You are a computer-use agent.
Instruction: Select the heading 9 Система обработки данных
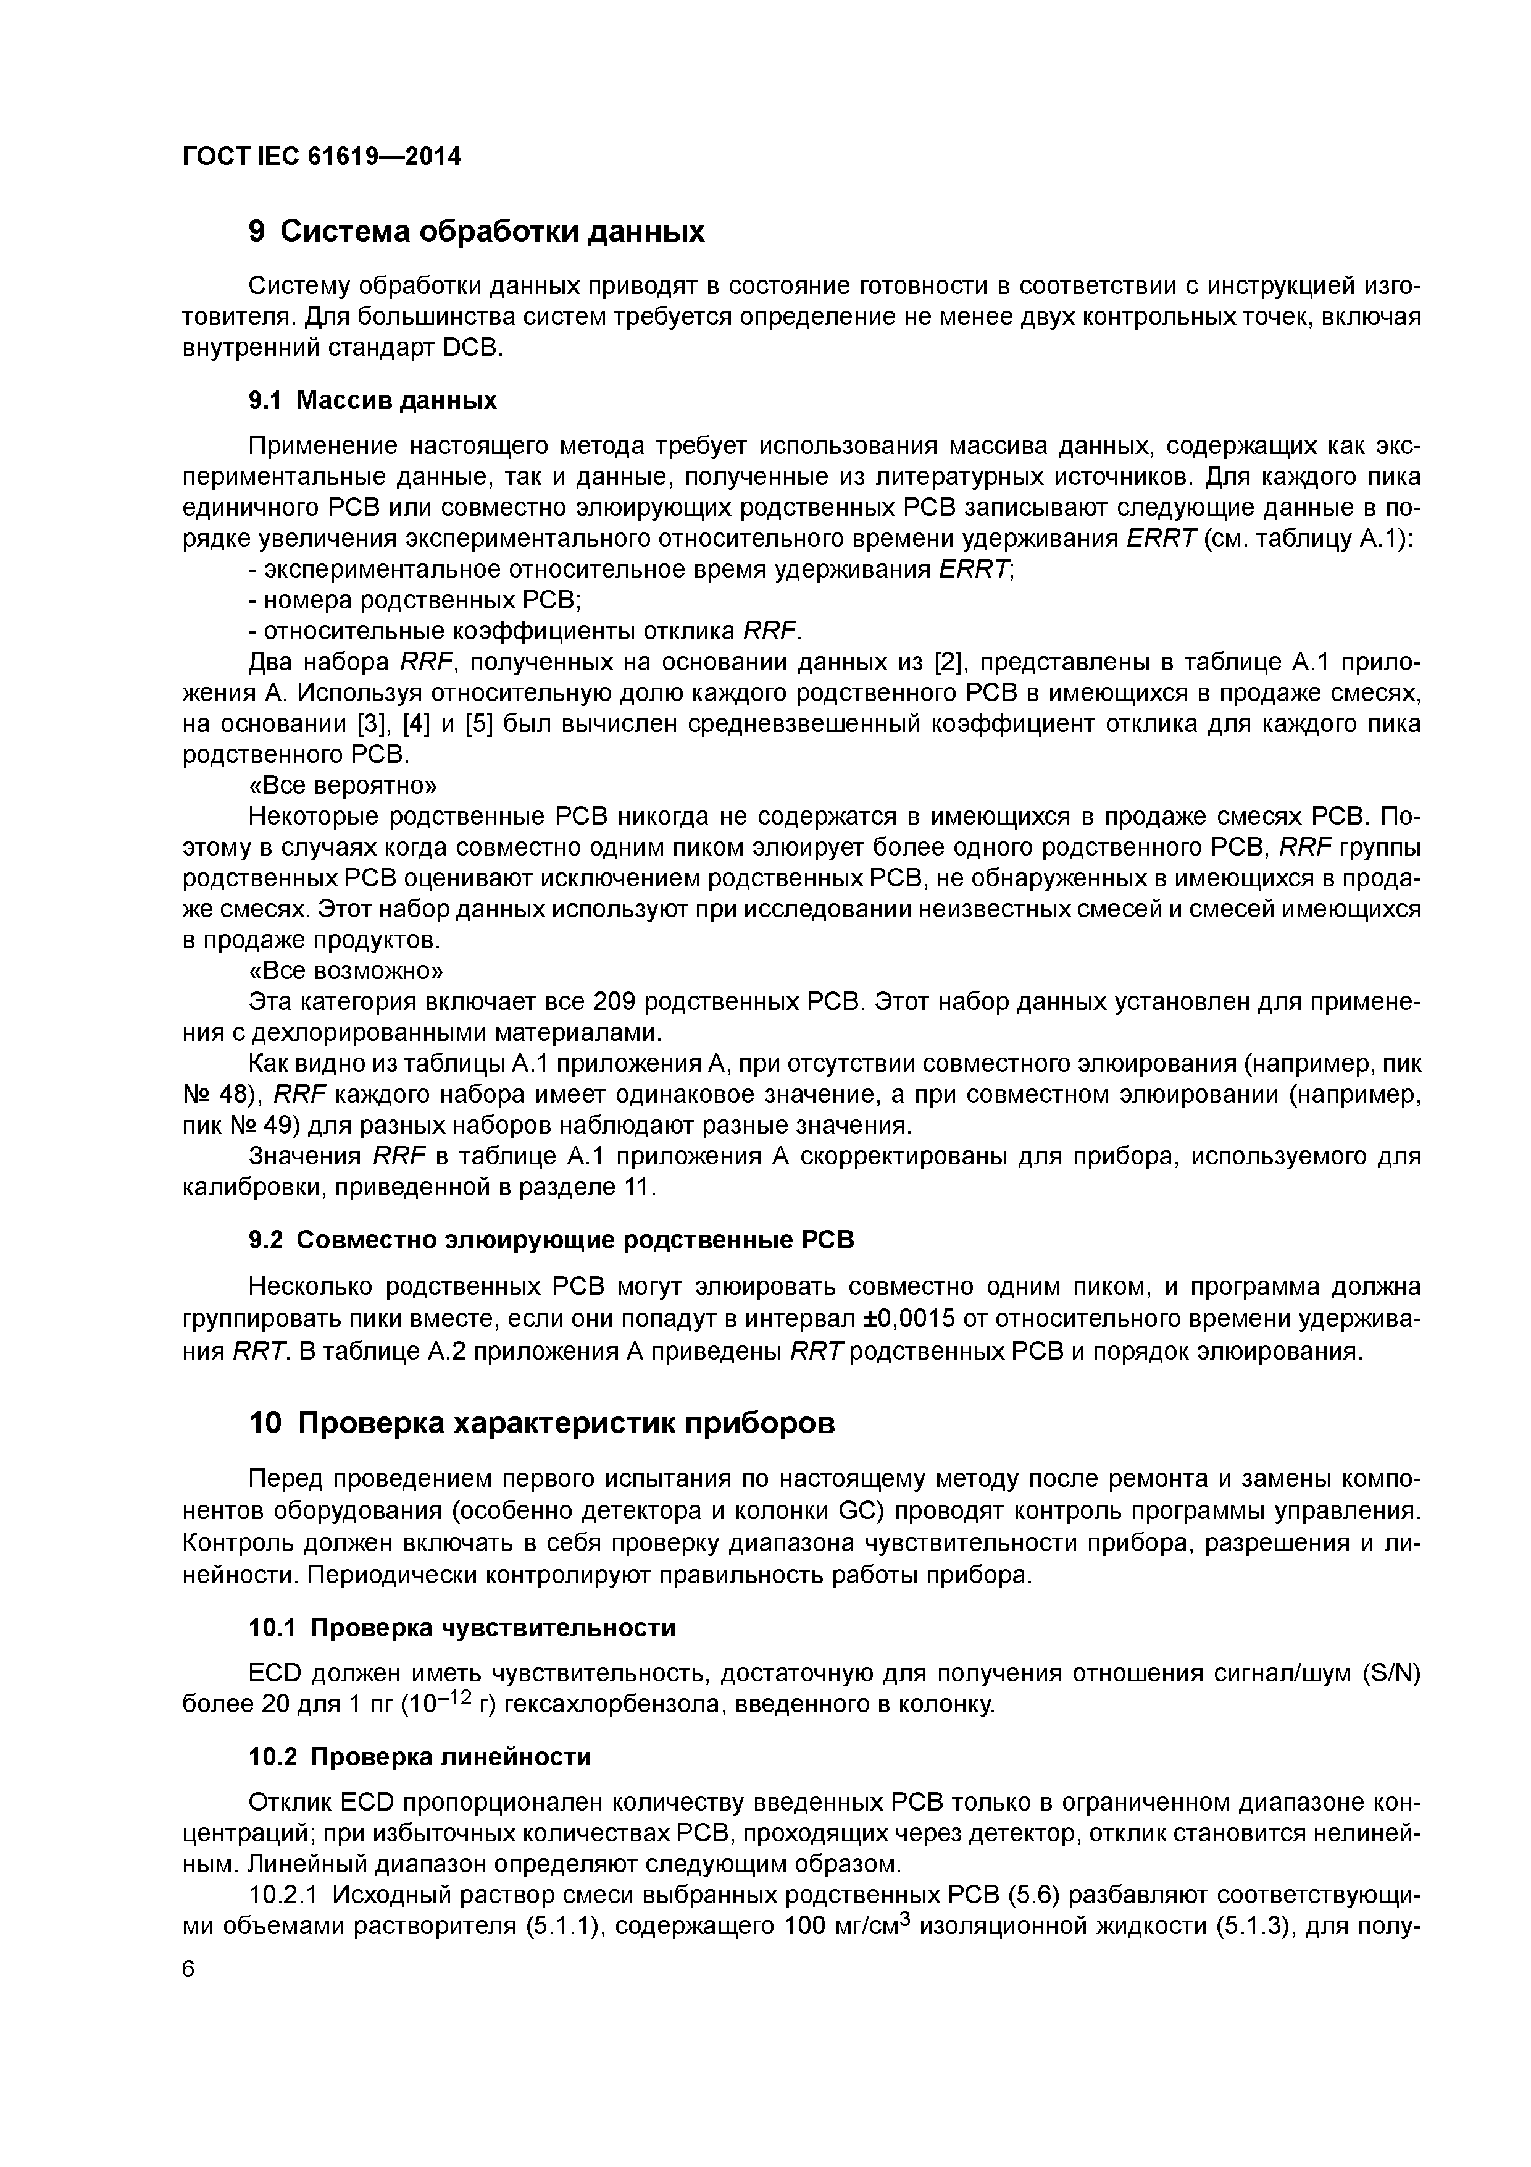point(477,231)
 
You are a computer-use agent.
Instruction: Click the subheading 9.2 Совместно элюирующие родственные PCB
point(551,1239)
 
